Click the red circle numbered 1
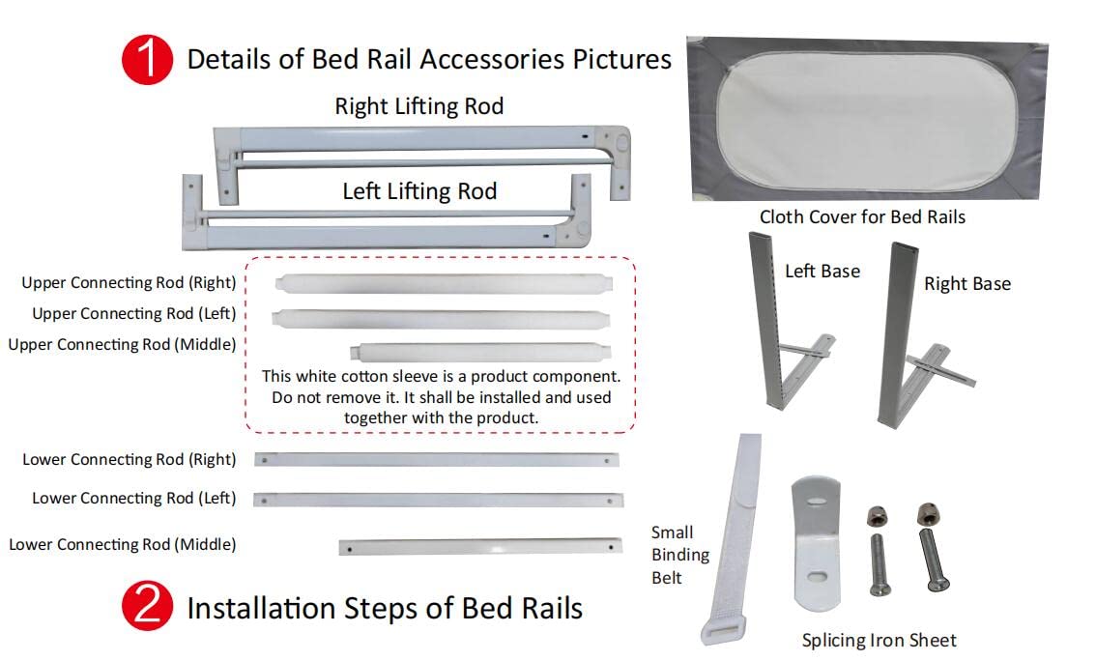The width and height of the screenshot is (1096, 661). click(147, 59)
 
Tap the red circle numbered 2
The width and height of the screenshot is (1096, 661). click(147, 607)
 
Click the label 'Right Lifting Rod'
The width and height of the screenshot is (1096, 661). click(418, 106)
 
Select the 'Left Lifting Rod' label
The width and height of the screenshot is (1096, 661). click(419, 191)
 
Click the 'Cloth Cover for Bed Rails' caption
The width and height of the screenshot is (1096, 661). click(862, 217)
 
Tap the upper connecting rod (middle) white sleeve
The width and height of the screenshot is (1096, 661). click(481, 351)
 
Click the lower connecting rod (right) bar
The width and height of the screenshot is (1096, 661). click(437, 460)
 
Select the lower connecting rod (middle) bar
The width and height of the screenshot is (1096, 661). click(479, 547)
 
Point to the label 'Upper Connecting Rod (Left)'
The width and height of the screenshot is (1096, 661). click(133, 314)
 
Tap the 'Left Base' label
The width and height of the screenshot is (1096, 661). click(822, 272)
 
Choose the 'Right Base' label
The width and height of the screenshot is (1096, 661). click(966, 284)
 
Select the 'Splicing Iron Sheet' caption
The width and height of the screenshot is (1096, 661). click(879, 641)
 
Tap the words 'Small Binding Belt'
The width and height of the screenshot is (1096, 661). click(679, 555)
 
